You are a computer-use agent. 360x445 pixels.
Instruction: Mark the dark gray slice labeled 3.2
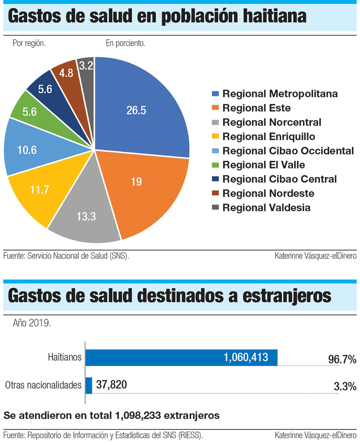tap(86, 66)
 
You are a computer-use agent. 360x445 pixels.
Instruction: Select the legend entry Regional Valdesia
tap(266, 208)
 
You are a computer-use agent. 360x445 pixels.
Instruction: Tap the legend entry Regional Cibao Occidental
tap(288, 151)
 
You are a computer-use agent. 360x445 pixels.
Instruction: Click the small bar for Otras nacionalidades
tap(89, 385)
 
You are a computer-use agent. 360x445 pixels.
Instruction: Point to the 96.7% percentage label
tap(342, 359)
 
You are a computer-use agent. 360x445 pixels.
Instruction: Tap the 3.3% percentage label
tap(344, 386)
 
